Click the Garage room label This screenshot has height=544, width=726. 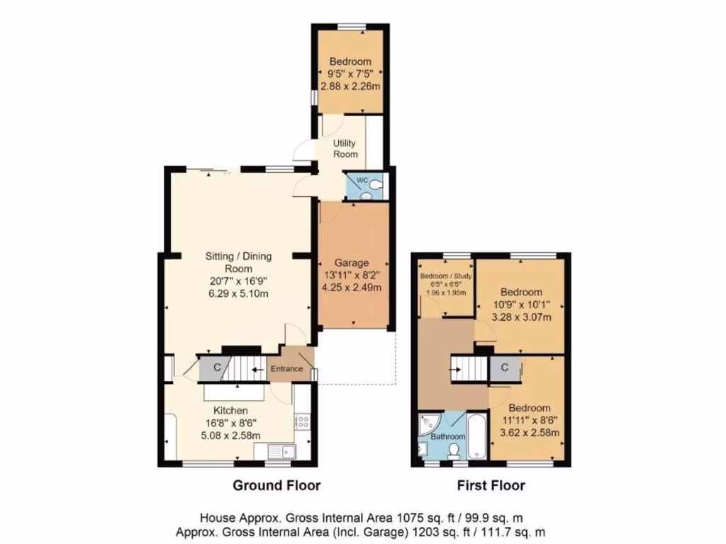tap(352, 263)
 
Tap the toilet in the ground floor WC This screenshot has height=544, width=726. tap(375, 186)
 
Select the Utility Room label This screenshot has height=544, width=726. tap(346, 149)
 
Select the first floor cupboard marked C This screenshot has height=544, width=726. tap(504, 368)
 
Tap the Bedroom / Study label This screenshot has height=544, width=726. tap(445, 276)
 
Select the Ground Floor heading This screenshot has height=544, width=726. tap(277, 486)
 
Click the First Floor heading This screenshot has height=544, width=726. tap(491, 486)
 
